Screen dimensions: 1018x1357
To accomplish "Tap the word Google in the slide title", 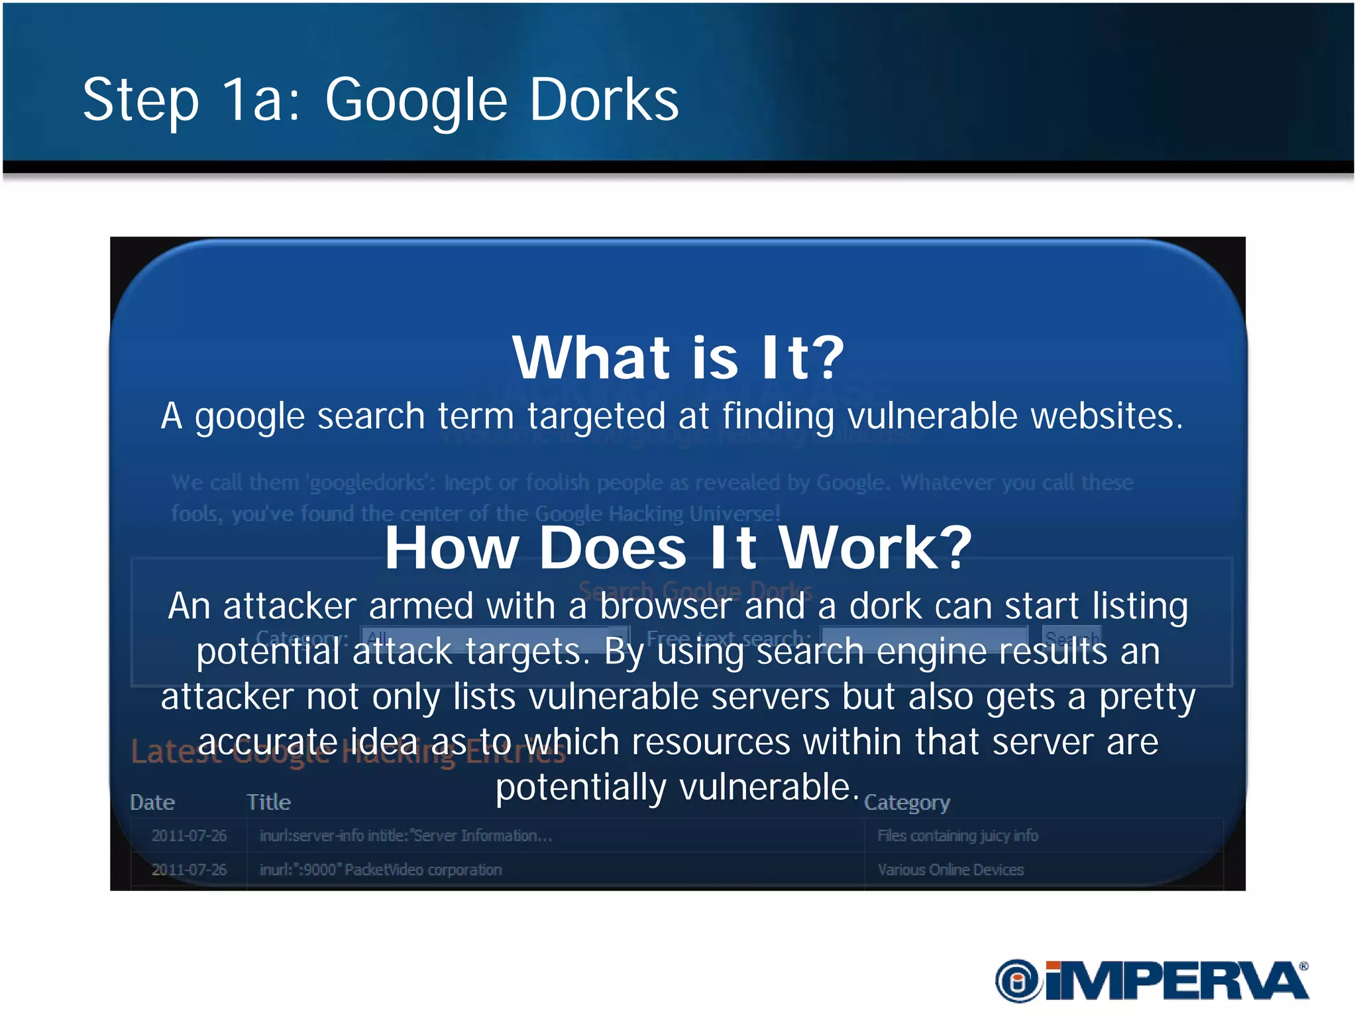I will pos(416,101).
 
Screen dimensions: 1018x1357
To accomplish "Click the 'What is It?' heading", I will pos(678,357).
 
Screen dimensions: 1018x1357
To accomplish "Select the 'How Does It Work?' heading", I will pos(678,547).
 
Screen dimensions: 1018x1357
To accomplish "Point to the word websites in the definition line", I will pos(1106,416).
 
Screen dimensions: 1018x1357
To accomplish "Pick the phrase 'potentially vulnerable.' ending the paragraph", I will pos(677,787).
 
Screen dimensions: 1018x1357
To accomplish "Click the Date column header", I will pos(152,802).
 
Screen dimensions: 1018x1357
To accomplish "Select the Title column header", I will pos(268,802).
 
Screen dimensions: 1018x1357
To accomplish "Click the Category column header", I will pos(906,803).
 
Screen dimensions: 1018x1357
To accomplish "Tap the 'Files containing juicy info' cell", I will pos(957,836).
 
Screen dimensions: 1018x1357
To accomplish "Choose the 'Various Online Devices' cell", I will pos(950,870).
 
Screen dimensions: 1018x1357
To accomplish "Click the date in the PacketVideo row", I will pos(189,870).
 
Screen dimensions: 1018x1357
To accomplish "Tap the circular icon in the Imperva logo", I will pos(1018,980).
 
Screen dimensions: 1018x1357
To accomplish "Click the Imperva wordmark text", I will pos(1176,981).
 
